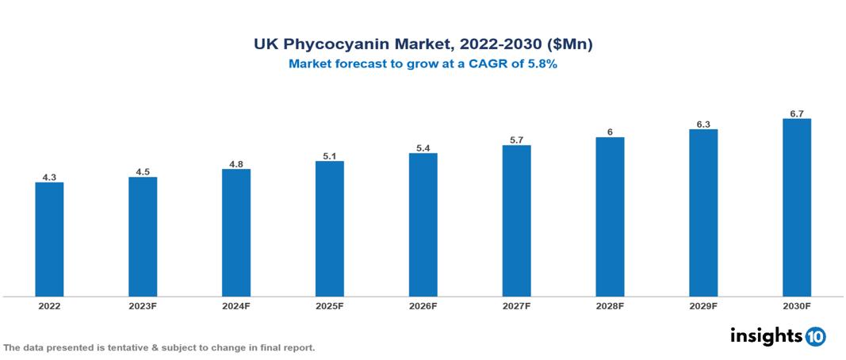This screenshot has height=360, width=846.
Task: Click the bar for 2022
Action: (x=49, y=239)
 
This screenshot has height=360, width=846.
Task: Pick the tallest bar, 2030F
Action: (x=796, y=208)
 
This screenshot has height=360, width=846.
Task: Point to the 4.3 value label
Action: (x=49, y=178)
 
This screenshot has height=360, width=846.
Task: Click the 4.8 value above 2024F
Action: (x=236, y=164)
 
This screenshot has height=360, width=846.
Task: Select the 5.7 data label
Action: (x=516, y=140)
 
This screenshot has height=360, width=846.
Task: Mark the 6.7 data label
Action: (x=797, y=114)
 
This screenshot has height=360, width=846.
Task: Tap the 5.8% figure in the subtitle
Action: (x=540, y=64)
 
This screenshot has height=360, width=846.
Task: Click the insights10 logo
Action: (x=778, y=336)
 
